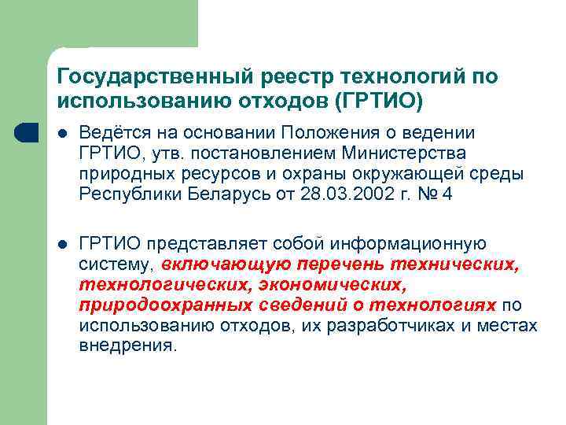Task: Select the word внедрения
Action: [127, 345]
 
